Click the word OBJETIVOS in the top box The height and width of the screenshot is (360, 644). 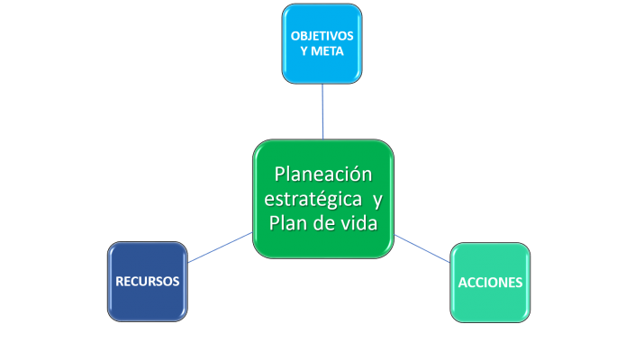pyautogui.click(x=322, y=35)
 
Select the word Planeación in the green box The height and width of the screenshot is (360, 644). pyautogui.click(x=322, y=173)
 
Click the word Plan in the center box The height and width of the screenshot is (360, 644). pyautogui.click(x=287, y=222)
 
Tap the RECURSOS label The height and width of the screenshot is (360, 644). pyautogui.click(x=148, y=282)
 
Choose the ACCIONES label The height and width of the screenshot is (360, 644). pyautogui.click(x=490, y=282)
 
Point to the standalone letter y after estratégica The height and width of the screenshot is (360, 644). pyautogui.click(x=376, y=199)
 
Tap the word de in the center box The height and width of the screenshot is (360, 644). pyautogui.click(x=320, y=222)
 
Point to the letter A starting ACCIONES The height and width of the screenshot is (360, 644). pyautogui.click(x=463, y=282)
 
